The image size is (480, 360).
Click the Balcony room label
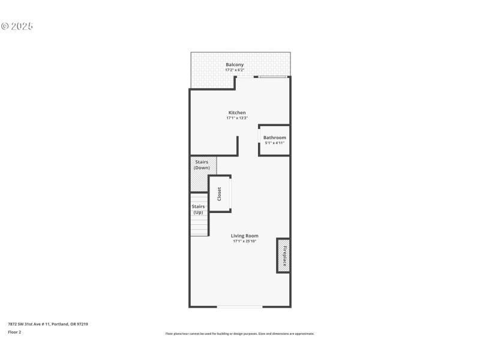(x=235, y=65)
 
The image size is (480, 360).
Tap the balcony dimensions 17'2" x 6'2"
(x=235, y=70)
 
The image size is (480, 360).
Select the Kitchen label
(x=237, y=113)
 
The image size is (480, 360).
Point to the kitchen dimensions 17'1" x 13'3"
(x=237, y=118)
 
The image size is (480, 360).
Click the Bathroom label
(x=275, y=137)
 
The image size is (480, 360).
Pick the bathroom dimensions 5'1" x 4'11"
(x=275, y=143)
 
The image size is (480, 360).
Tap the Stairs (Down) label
(x=202, y=165)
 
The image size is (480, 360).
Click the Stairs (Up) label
(x=198, y=209)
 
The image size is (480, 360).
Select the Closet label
(x=220, y=194)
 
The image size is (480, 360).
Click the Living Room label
(x=245, y=236)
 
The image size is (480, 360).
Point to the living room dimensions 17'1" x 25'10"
(x=245, y=241)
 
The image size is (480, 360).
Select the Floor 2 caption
(x=14, y=332)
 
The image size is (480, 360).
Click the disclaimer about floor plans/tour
(x=240, y=334)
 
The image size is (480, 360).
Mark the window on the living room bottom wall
(x=239, y=307)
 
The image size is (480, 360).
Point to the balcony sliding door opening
(x=272, y=77)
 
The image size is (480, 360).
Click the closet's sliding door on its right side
(x=231, y=193)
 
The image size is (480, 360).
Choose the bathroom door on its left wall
(x=259, y=139)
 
